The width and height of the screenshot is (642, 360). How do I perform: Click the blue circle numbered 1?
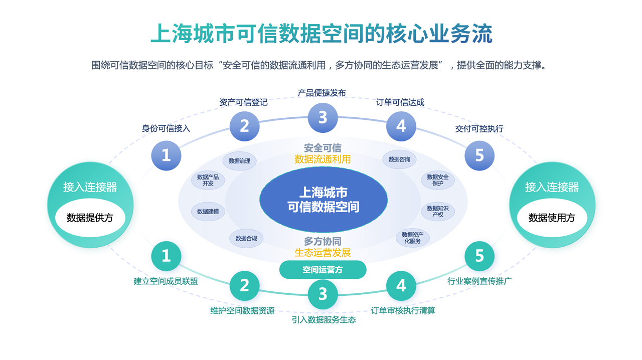click(x=166, y=155)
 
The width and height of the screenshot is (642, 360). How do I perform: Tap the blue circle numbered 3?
click(x=323, y=117)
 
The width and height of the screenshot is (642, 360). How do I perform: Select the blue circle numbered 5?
click(x=479, y=155)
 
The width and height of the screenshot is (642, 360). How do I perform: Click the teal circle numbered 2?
click(x=244, y=285)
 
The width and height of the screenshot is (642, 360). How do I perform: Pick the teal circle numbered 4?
click(x=401, y=285)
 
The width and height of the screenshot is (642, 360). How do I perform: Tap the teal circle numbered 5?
click(x=479, y=256)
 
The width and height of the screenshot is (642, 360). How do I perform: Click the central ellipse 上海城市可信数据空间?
click(x=324, y=200)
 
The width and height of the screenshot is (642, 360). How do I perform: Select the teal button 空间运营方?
click(x=323, y=270)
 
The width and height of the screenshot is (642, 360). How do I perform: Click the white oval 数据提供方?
click(x=90, y=218)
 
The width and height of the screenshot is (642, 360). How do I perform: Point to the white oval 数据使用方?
click(x=552, y=218)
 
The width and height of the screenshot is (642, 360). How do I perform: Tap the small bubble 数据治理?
click(x=239, y=161)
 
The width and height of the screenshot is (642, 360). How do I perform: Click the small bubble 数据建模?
click(x=208, y=212)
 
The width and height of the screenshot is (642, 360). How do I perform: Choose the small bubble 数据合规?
click(x=246, y=239)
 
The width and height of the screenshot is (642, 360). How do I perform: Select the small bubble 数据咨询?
click(x=399, y=159)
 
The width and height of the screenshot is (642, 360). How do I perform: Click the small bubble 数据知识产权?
click(x=438, y=212)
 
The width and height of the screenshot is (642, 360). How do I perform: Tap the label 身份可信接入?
click(x=166, y=129)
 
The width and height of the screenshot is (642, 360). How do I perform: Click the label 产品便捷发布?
click(x=322, y=93)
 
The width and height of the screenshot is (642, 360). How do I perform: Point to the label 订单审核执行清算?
click(x=403, y=311)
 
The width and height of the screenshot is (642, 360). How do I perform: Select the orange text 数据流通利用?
click(x=323, y=159)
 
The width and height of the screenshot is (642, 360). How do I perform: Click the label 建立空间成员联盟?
click(x=166, y=281)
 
